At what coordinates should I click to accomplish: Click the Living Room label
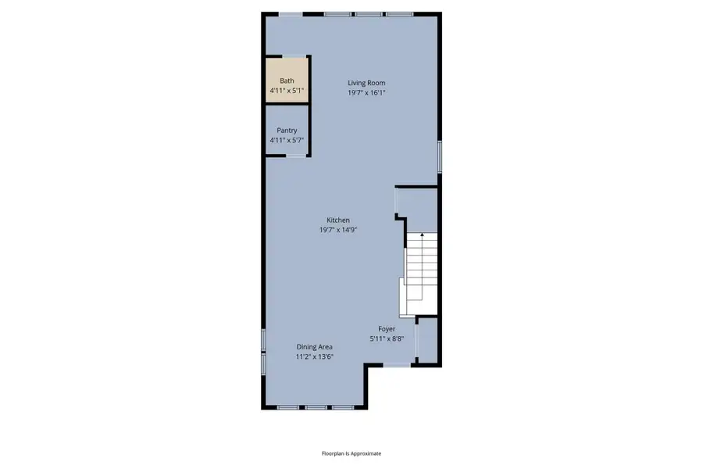point(366,83)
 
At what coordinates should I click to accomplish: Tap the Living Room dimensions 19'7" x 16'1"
point(366,92)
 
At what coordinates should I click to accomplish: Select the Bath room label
point(287,81)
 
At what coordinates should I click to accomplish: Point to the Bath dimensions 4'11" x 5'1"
point(287,91)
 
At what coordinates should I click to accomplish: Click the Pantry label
point(287,131)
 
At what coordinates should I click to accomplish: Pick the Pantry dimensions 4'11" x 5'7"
point(287,140)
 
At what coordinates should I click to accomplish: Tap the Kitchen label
point(337,220)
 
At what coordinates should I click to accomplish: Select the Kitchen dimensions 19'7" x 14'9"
point(337,230)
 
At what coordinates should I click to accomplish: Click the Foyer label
point(387,329)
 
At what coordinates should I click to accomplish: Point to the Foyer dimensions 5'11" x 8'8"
point(387,338)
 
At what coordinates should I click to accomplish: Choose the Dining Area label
point(314,347)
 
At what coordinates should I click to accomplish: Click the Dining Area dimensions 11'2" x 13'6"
point(314,356)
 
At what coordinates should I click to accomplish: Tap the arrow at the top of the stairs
point(422,234)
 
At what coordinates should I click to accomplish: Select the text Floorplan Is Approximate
point(351,453)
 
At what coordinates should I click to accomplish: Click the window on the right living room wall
point(439,156)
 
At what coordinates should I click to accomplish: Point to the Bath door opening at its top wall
point(294,56)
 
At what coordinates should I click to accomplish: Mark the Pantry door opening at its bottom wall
point(294,156)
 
